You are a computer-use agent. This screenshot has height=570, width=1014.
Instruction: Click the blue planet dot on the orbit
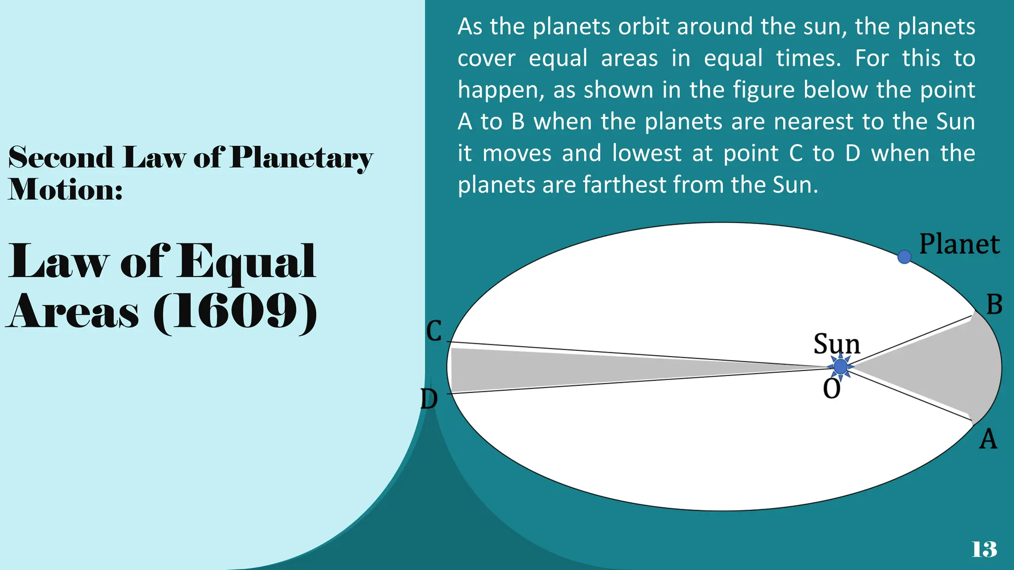point(904,257)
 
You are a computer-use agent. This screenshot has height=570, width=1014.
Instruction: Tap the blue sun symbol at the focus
point(840,367)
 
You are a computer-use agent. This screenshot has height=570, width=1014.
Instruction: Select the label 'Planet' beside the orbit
point(959,244)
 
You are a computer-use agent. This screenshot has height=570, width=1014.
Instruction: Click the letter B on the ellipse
point(994,305)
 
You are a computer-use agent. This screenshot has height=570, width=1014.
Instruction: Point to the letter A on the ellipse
point(988,439)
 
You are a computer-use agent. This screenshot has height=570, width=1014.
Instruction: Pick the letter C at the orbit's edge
point(434,331)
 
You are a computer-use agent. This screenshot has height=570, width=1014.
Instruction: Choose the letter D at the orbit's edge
point(429,399)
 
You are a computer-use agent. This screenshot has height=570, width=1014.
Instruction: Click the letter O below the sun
point(832,389)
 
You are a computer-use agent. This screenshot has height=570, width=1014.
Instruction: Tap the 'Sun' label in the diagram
point(837,343)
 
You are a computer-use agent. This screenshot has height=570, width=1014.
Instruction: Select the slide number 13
point(984,549)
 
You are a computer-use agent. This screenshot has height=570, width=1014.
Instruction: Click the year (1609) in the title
point(235,312)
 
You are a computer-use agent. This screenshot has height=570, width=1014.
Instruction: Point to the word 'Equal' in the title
point(247,262)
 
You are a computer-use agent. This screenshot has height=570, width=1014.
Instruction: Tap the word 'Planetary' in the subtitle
point(302,158)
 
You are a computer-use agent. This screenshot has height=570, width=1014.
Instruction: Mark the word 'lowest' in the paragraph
point(647,153)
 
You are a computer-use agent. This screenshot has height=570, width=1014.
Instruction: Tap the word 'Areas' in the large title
point(73,312)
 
